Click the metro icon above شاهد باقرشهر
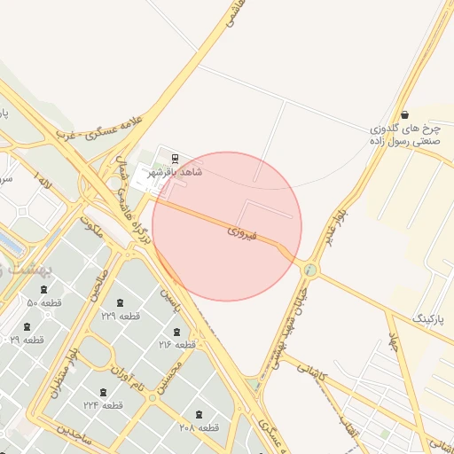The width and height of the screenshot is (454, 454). tap(175, 159)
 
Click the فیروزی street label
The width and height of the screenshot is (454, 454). tap(240, 233)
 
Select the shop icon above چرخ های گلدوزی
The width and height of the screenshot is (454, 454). tap(405, 115)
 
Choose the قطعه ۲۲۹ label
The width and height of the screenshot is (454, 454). tap(121, 315)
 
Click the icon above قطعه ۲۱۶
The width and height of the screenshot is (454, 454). tap(177, 331)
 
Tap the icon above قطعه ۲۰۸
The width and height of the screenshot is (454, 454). tap(199, 414)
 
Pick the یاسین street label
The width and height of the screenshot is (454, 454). tap(169, 304)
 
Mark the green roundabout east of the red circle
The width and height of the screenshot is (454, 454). tap(309, 269)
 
